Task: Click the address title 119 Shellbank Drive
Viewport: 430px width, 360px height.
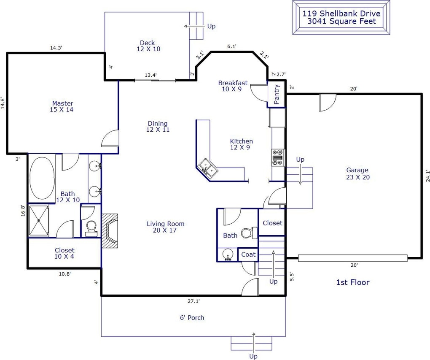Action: point(341,14)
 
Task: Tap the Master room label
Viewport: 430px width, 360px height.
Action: point(62,103)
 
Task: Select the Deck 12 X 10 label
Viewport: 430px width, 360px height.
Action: point(148,46)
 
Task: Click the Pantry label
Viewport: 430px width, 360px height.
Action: point(277,94)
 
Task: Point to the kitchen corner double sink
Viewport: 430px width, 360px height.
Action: point(208,168)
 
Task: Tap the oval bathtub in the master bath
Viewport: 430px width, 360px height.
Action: point(42,178)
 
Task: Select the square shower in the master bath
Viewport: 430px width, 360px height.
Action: point(39,221)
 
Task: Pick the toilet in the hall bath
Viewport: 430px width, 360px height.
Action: point(249,233)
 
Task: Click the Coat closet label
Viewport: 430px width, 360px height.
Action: point(248,254)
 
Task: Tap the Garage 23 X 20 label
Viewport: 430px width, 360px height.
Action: point(357,173)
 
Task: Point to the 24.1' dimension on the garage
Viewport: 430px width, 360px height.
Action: point(427,176)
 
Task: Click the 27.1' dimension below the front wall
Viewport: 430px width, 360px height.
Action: point(193,301)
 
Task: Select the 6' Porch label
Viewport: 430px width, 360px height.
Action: point(192,318)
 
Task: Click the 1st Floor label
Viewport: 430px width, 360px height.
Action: point(353,282)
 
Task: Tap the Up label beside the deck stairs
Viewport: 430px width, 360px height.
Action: point(212,26)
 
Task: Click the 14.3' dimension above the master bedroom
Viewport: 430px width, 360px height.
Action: point(56,48)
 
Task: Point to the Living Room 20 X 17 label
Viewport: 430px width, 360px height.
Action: point(165,227)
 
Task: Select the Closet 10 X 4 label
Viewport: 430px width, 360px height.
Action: point(64,253)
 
